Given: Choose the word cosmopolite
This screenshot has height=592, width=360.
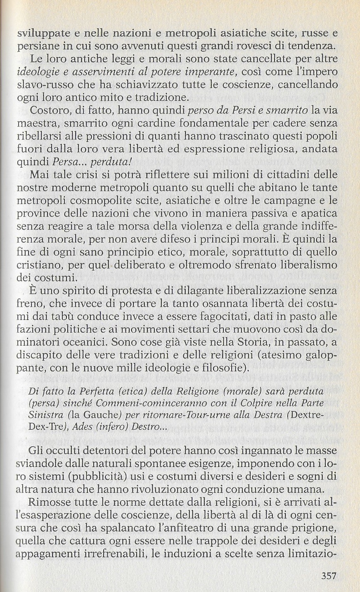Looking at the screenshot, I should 99,201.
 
